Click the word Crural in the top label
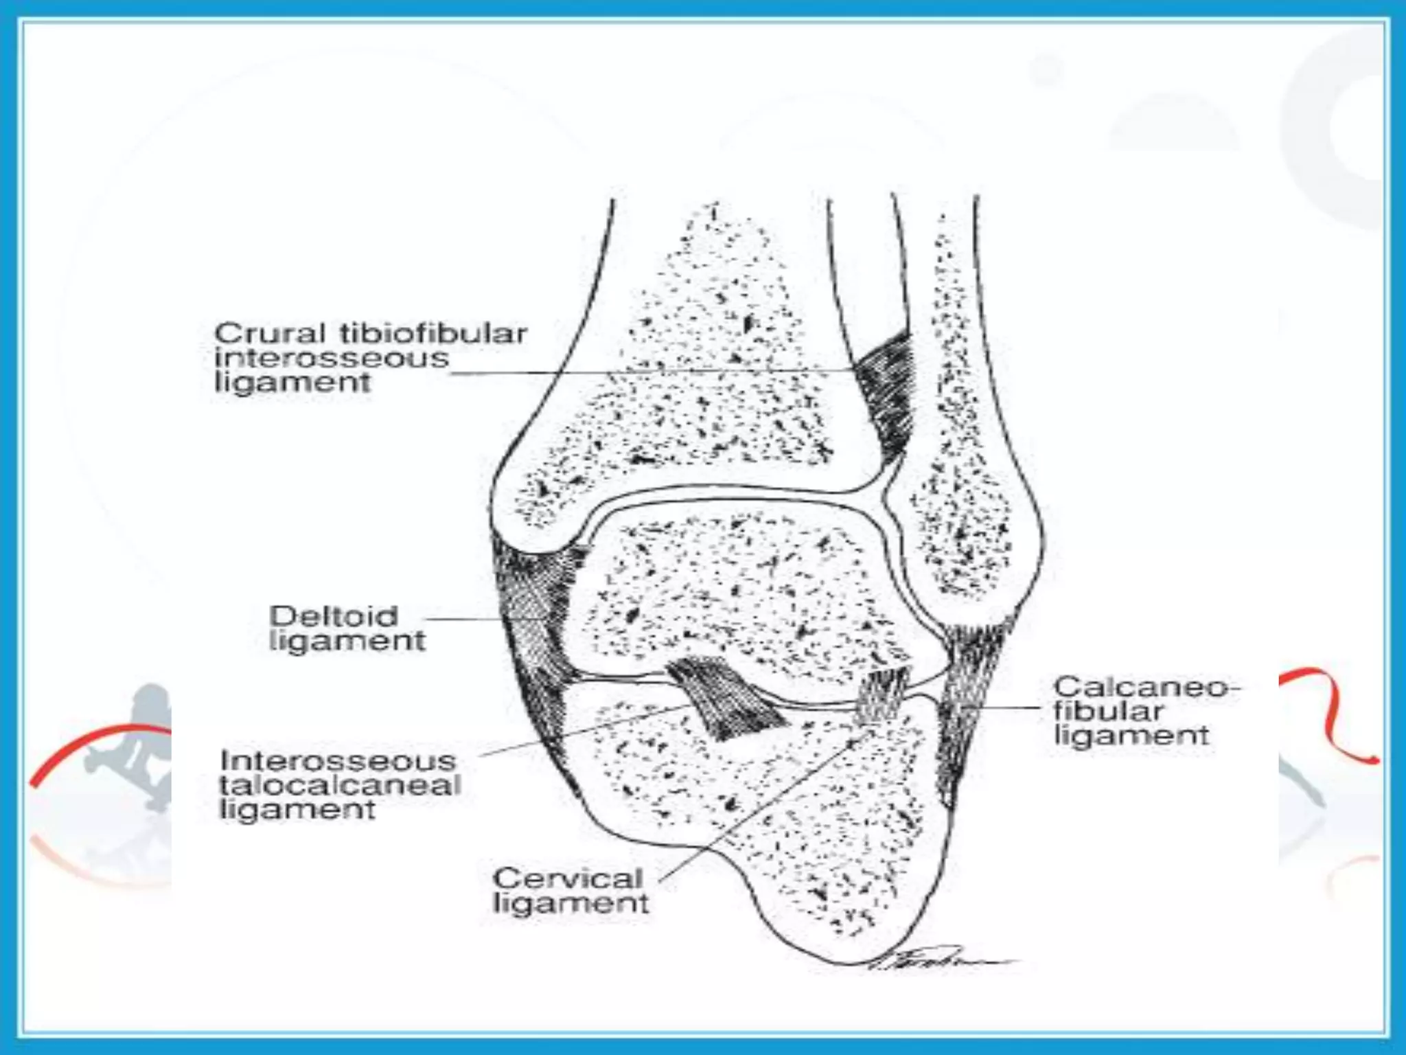click(x=270, y=334)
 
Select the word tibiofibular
click(x=433, y=334)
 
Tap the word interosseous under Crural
click(x=332, y=359)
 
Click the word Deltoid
click(x=334, y=616)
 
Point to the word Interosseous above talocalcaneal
click(x=338, y=761)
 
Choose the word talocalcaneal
click(x=341, y=786)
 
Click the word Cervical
click(x=568, y=878)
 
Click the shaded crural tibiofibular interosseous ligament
click(x=886, y=392)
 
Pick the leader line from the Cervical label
click(x=755, y=810)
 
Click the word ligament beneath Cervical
click(x=571, y=903)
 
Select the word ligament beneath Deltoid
click(x=347, y=642)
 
